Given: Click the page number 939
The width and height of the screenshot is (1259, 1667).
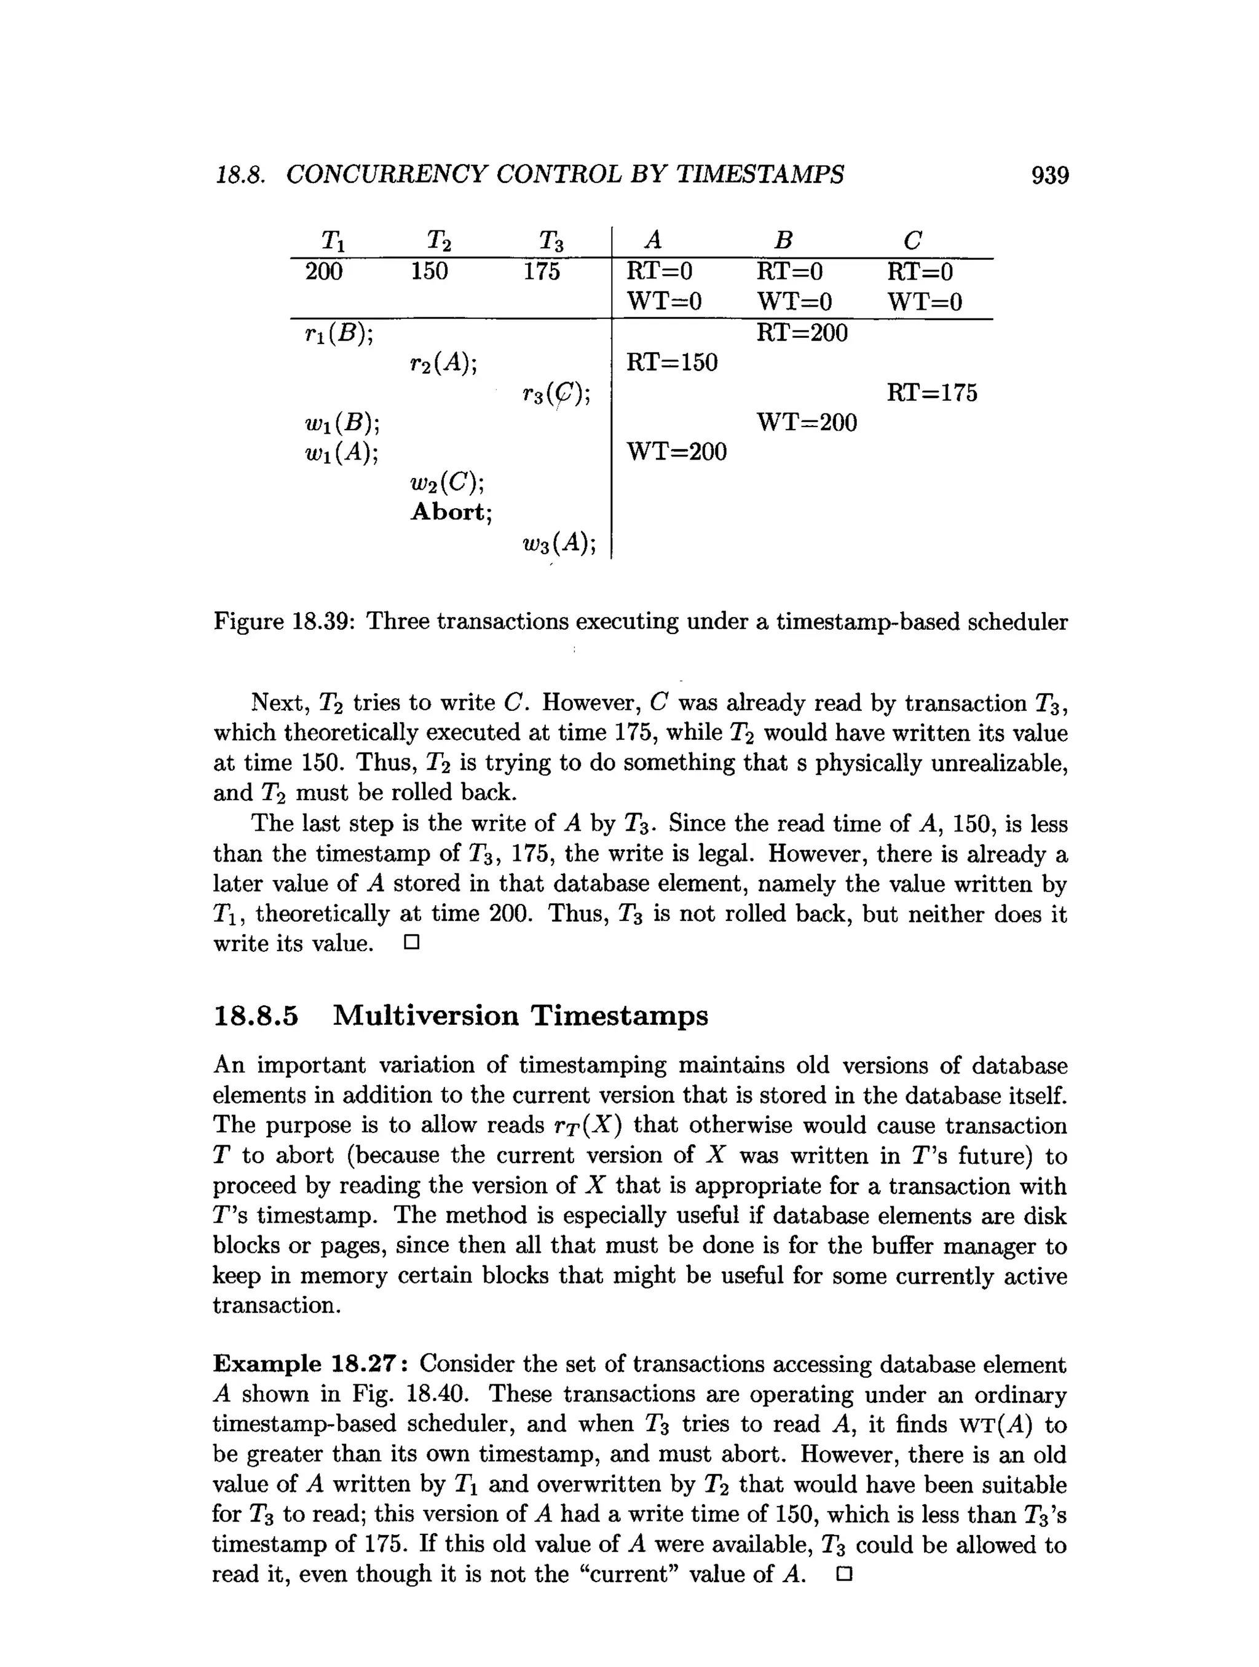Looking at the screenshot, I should click(x=1049, y=176).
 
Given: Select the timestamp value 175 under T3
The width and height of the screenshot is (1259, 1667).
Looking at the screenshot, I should click(x=542, y=272).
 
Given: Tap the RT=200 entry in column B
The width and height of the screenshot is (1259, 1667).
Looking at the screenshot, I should click(x=802, y=332).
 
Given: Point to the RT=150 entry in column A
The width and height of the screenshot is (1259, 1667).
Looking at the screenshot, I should click(x=672, y=363).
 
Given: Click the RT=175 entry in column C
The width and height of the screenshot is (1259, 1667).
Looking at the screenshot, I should click(x=931, y=393).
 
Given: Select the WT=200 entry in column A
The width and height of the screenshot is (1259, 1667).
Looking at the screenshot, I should click(x=676, y=452).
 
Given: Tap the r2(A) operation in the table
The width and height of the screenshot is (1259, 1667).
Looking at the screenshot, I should click(x=444, y=363).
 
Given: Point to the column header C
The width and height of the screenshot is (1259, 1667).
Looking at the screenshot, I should click(x=912, y=241).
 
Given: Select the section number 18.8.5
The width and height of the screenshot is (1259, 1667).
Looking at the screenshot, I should click(x=256, y=1016).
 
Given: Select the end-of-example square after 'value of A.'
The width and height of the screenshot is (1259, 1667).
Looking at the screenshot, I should click(x=843, y=1574).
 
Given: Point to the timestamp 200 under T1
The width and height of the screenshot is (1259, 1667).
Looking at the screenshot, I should click(x=323, y=272).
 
